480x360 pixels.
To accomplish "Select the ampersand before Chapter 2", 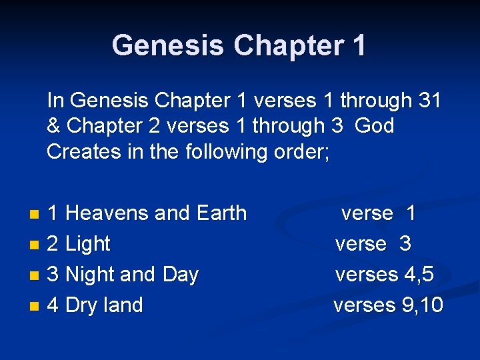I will click(53, 126).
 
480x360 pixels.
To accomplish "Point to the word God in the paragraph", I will click(375, 126).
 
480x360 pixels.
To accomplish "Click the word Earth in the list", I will click(221, 213).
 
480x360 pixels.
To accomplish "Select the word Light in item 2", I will click(87, 244).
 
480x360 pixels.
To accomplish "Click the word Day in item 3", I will click(179, 275).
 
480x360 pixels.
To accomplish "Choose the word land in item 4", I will click(123, 305).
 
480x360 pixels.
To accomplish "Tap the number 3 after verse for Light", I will click(405, 244).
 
